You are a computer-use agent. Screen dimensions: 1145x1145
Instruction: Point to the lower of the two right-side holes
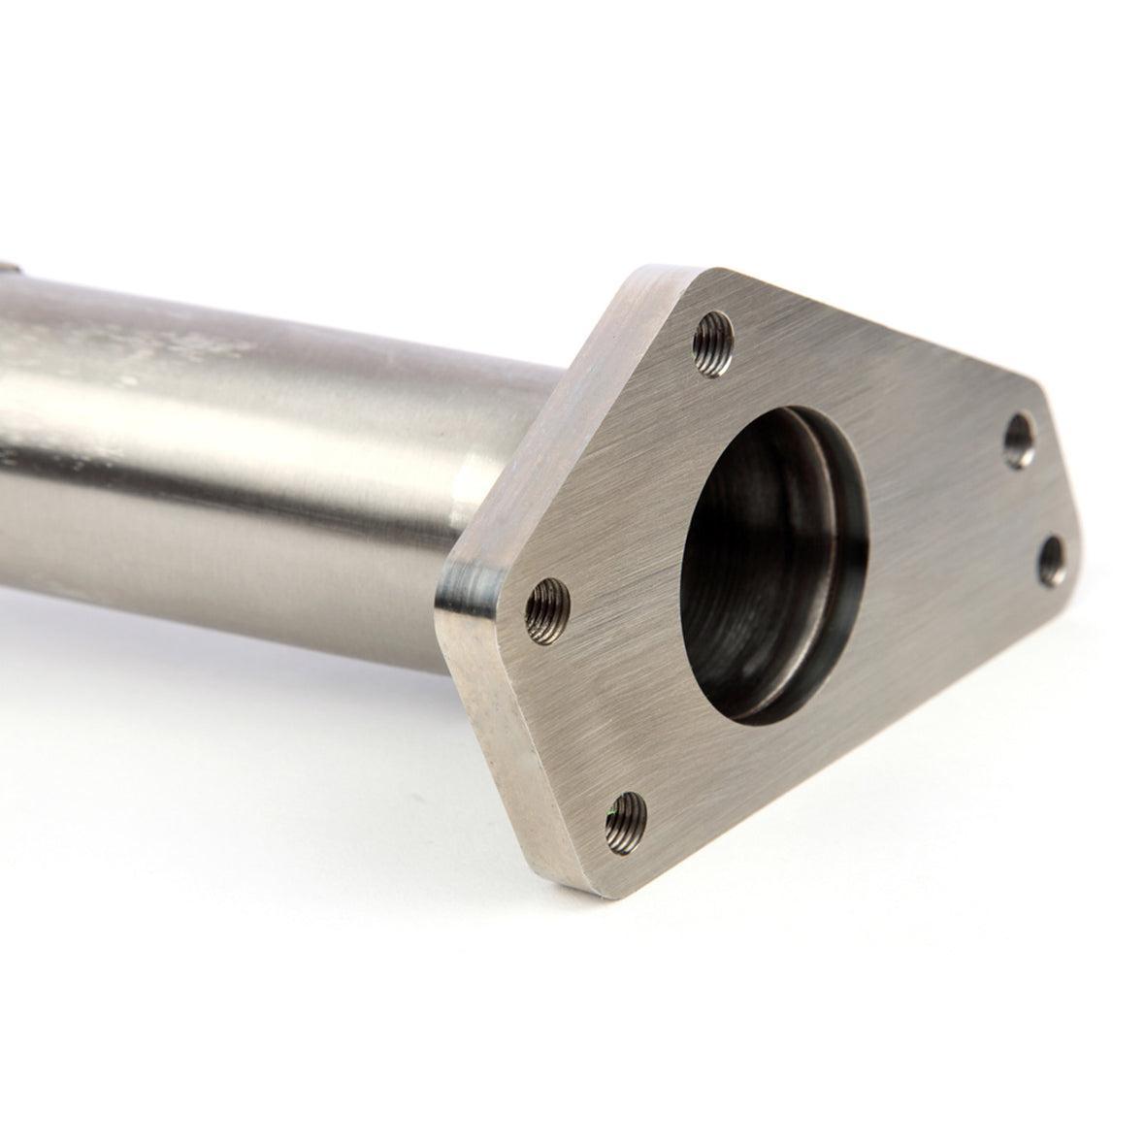[x=1051, y=559]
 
